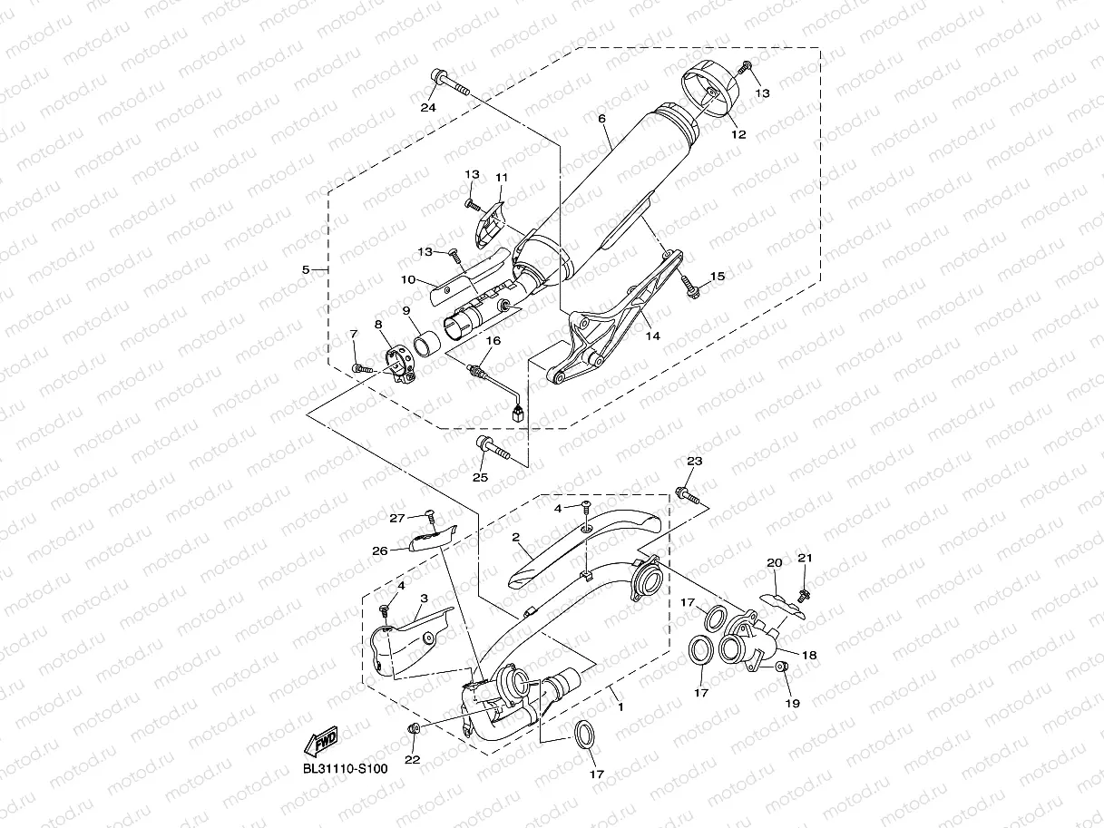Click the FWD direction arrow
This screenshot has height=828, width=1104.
[x=321, y=741]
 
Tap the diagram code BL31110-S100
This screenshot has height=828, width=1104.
[x=346, y=769]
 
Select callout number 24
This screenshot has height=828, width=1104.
[x=428, y=107]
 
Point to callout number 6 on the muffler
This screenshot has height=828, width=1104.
[x=602, y=119]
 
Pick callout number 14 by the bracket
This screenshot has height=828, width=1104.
[x=652, y=336]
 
